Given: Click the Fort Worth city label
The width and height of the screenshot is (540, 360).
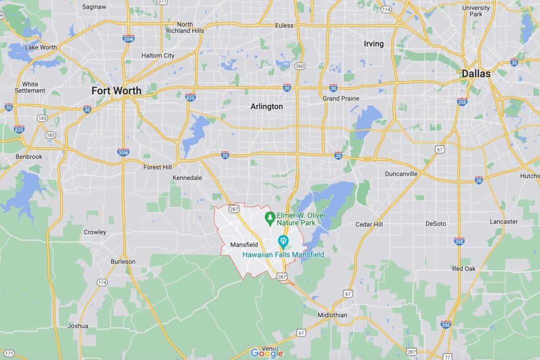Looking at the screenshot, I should (116, 90).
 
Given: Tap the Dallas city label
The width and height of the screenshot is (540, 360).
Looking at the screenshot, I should (475, 73).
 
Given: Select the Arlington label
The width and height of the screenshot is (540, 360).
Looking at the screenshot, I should (266, 106).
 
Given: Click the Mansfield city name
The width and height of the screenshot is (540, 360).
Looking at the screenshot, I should (244, 245).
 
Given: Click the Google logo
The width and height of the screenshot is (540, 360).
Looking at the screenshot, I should (267, 353).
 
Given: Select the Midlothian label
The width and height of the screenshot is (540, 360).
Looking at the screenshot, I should (332, 315).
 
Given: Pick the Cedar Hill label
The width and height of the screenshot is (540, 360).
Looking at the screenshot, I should (369, 224).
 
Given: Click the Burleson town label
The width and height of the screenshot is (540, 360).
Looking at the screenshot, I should (123, 261).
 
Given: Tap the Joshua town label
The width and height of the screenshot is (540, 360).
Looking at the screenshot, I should (78, 326).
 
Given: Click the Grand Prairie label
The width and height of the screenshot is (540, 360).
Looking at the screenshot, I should (341, 98).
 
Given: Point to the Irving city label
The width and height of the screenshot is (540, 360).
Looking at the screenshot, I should (373, 44).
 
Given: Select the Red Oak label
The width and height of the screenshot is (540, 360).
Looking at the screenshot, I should (463, 268).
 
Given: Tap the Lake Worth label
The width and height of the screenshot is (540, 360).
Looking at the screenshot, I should (41, 47).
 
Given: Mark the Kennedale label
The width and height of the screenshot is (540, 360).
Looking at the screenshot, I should (187, 178).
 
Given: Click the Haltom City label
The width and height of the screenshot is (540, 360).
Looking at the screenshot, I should (158, 55).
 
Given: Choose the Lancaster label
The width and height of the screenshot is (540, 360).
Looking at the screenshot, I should (503, 221).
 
